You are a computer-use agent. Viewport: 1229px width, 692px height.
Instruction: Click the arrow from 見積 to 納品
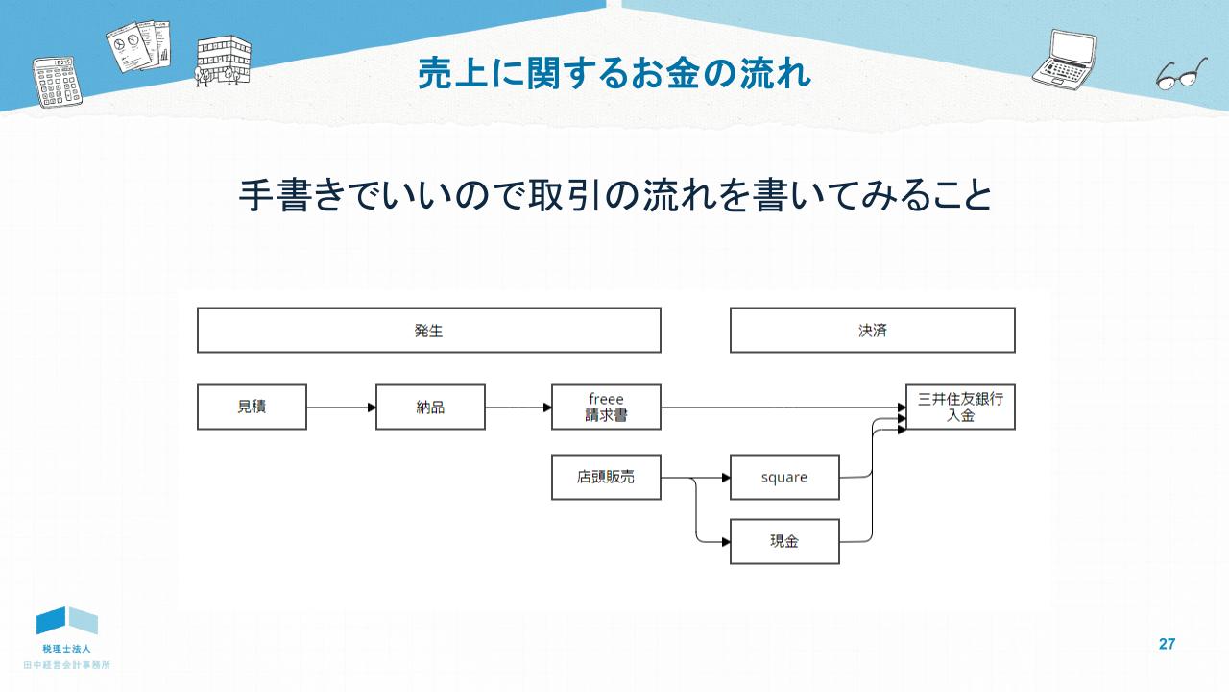coord(341,408)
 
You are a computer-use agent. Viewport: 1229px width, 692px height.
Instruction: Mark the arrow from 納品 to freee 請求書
coord(518,408)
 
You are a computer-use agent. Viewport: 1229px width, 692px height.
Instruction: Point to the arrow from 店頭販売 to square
coord(696,478)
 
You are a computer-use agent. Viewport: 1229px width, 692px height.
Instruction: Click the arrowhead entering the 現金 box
coord(726,542)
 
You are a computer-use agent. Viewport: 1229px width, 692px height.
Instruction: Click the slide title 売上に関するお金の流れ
coord(614,73)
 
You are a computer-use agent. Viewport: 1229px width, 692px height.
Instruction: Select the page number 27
coord(1167,644)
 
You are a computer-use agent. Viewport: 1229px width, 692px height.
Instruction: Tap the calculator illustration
coord(57,82)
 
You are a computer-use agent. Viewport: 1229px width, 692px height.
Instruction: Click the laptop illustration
coord(1065,60)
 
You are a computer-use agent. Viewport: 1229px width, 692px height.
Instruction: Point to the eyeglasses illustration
coord(1181,74)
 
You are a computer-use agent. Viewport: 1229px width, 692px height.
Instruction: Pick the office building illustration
coord(223,61)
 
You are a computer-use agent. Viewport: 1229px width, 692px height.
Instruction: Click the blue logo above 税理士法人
coord(67,621)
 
